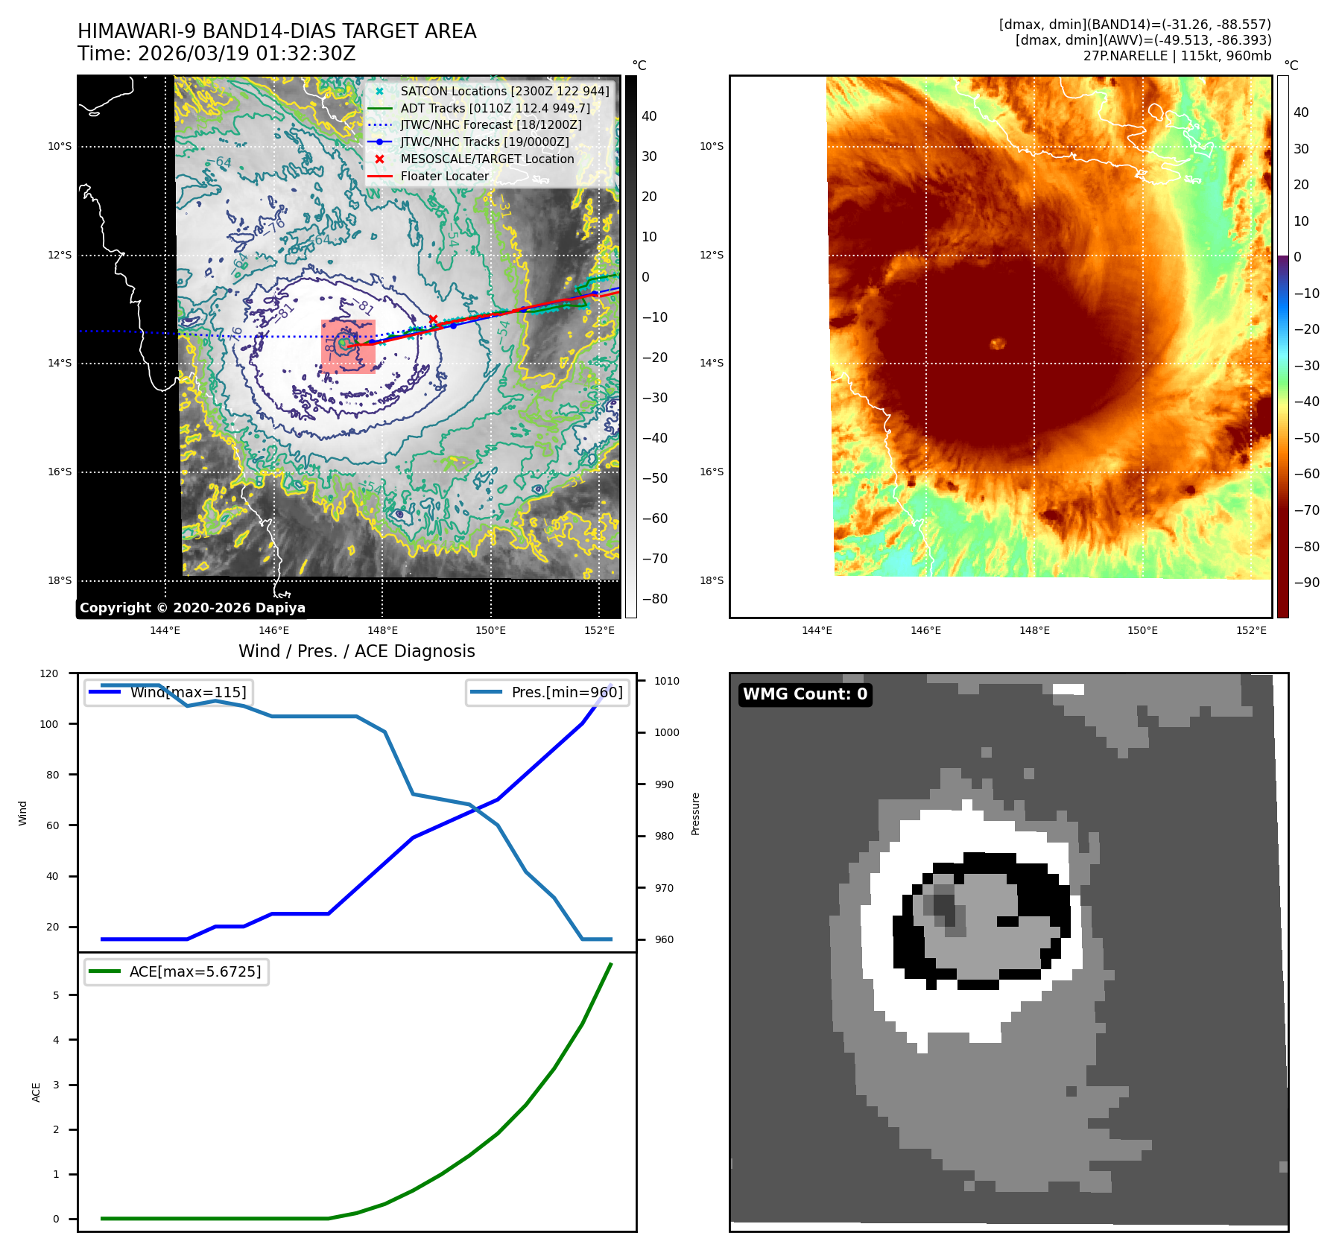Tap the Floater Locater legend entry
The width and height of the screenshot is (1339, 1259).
pos(444,176)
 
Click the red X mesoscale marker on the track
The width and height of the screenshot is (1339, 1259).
pos(433,320)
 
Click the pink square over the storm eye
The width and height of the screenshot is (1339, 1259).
pos(348,346)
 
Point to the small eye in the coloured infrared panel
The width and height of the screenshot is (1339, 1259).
pos(998,343)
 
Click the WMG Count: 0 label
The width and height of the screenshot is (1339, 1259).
pos(805,694)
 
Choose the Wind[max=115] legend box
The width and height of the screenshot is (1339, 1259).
pos(168,692)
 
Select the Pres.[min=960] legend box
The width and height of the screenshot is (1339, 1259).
pos(548,692)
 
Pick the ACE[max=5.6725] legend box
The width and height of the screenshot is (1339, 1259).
pos(177,971)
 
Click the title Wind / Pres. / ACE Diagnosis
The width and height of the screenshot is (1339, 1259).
pos(356,651)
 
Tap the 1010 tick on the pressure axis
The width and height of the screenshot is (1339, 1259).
pos(667,681)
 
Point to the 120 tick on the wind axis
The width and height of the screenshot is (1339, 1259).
pos(49,673)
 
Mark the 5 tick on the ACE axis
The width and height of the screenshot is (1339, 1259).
pos(56,995)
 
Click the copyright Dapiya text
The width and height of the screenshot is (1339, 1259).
pos(192,608)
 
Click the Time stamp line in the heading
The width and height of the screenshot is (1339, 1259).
pos(217,54)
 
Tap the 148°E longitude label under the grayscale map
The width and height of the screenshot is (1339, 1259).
pos(382,630)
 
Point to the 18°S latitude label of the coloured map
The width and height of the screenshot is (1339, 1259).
pos(712,580)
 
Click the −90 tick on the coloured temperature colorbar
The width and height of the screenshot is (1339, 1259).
pos(1305,583)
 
